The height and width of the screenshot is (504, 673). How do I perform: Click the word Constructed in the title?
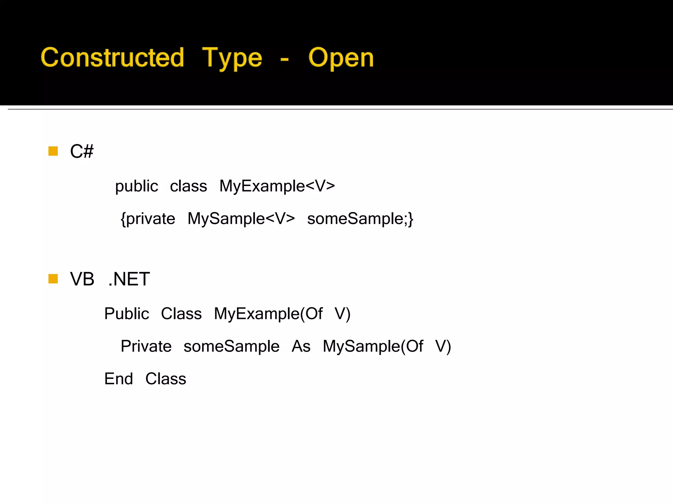click(112, 57)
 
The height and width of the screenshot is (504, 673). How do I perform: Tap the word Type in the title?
click(232, 58)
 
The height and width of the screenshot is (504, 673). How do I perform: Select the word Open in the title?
click(341, 58)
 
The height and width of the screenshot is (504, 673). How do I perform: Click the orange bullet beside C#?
click(53, 151)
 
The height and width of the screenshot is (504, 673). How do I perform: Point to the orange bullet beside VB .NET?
click(53, 279)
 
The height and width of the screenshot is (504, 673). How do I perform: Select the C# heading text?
click(81, 151)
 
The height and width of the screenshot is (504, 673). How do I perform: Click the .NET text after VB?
click(129, 279)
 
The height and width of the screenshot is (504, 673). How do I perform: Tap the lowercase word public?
click(136, 186)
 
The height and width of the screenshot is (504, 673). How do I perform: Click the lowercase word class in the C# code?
click(188, 186)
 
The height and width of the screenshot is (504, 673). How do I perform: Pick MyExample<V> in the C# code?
click(277, 186)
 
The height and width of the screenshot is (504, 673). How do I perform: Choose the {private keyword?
click(148, 219)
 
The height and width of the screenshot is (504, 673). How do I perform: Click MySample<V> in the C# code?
click(241, 219)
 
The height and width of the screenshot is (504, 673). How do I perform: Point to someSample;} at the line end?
click(360, 219)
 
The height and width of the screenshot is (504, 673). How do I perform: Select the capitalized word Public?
click(127, 313)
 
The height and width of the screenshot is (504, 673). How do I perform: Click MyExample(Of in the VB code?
click(268, 314)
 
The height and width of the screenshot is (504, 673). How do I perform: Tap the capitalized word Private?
click(146, 346)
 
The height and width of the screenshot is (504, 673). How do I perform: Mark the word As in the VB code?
click(301, 346)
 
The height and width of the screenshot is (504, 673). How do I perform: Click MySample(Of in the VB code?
click(373, 346)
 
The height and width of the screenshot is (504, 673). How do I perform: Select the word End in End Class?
click(119, 379)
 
